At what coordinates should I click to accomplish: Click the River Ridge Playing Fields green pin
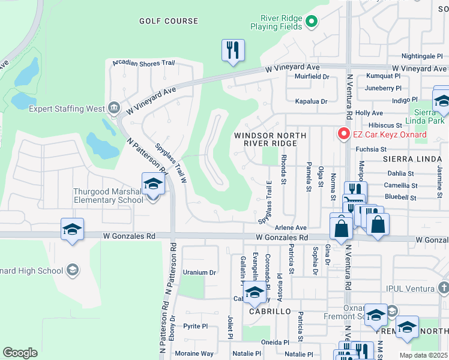(311, 23)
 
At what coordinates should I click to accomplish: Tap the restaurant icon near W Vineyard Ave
(232, 50)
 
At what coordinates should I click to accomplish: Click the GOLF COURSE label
(168, 21)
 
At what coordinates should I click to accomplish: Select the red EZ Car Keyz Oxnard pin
(344, 133)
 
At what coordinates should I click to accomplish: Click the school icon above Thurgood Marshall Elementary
(153, 184)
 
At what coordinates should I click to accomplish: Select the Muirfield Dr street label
(312, 77)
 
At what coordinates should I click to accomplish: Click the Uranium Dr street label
(199, 272)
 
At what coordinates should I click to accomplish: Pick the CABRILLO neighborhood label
(270, 312)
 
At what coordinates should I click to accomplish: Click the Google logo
(20, 352)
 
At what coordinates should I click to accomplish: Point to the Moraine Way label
(194, 353)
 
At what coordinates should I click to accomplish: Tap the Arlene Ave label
(291, 228)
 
